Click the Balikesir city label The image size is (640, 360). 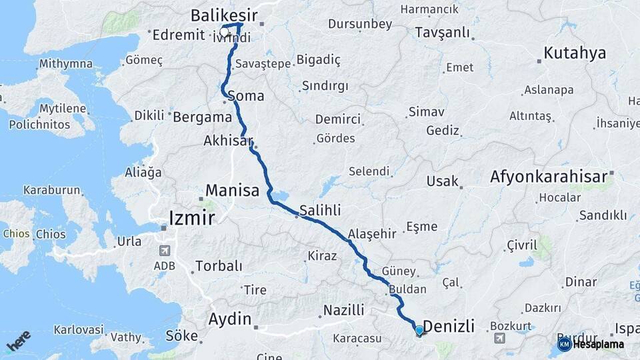pos(223,14)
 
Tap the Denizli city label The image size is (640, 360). pos(449,326)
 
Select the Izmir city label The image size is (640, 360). pos(192,218)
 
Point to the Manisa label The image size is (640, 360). pos(232,191)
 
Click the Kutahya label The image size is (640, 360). pos(575,53)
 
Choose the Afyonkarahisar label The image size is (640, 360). pos(548,177)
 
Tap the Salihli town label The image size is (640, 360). pos(320,210)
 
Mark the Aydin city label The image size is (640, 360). pos(231,317)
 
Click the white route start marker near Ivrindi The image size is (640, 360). pos(225,31)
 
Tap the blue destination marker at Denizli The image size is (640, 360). pos(419,330)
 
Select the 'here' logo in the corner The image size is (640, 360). pos(19,341)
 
